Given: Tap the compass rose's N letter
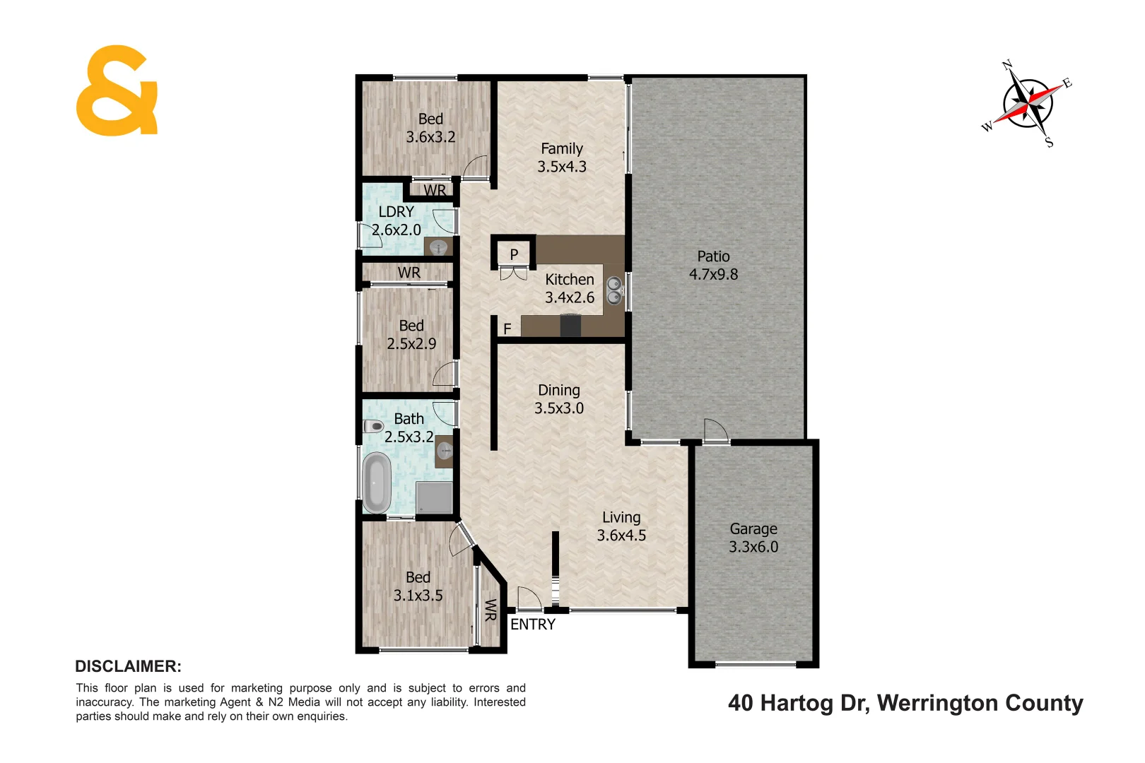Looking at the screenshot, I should [x=1008, y=66].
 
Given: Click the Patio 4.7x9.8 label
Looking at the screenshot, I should [x=713, y=266].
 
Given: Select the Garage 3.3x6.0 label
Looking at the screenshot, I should [x=753, y=538].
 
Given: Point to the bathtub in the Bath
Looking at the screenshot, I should [x=376, y=483].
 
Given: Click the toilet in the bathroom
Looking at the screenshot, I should [x=373, y=427].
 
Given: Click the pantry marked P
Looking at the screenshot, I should [x=514, y=254].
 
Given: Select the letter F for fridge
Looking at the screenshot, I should [x=507, y=329].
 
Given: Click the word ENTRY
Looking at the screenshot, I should [x=533, y=625].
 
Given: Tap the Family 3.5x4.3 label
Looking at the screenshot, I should [x=562, y=158].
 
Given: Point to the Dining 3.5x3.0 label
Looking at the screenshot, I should [x=559, y=399].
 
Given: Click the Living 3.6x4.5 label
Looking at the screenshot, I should [x=621, y=526].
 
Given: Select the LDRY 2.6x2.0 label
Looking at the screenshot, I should [x=397, y=220].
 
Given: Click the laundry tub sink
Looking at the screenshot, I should [x=439, y=247].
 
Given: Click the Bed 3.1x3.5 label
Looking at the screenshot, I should [x=418, y=586].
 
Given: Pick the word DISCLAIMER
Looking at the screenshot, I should [x=128, y=666].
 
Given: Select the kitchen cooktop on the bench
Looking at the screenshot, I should [x=570, y=326].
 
